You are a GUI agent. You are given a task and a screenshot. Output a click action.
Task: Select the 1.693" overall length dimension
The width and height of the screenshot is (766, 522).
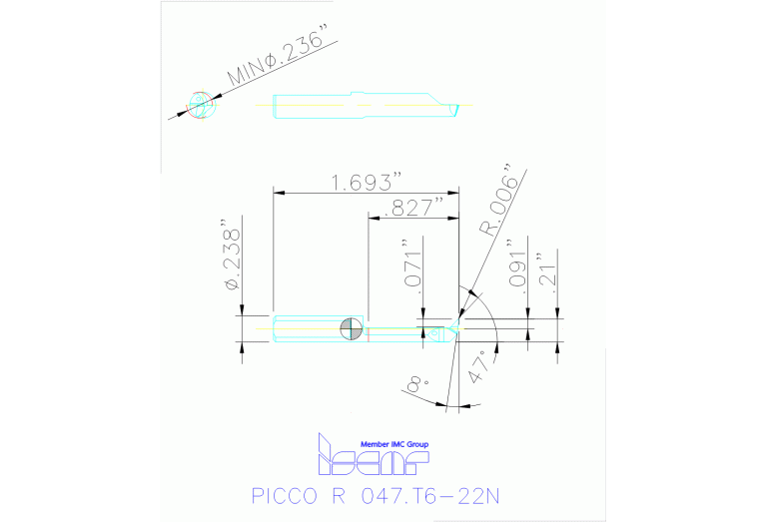pyautogui.click(x=367, y=182)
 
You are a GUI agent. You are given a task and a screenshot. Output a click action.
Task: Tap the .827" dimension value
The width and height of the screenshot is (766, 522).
pyautogui.click(x=417, y=208)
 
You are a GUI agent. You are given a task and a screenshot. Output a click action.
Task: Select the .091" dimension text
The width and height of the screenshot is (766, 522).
pyautogui.click(x=515, y=263)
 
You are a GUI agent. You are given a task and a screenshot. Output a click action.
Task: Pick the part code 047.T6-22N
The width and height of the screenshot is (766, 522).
pyautogui.click(x=439, y=496)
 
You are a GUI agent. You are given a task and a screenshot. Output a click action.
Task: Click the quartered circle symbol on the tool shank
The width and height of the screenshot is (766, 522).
pyautogui.click(x=351, y=328)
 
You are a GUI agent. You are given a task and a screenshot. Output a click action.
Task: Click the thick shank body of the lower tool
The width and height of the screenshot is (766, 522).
pyautogui.click(x=305, y=328)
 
